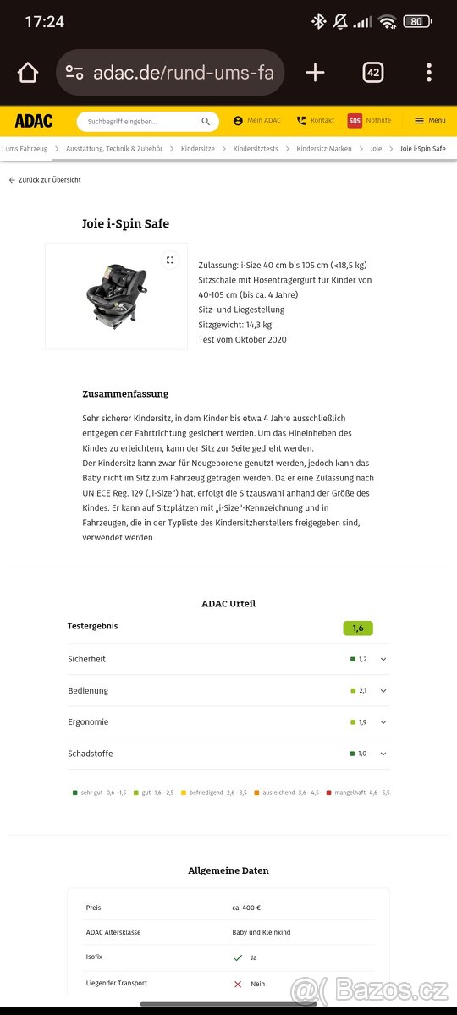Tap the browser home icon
tap(28, 73)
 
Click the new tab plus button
tap(315, 73)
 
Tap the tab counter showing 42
tap(372, 73)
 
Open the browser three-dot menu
tap(429, 73)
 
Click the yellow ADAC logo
tap(34, 121)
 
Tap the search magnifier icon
tap(206, 122)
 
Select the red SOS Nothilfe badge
tap(355, 121)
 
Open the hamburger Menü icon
tap(419, 121)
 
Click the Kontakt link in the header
tap(316, 121)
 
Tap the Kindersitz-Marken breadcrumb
tap(323, 149)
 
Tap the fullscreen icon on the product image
tap(170, 260)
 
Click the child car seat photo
tap(116, 296)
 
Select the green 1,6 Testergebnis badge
tap(358, 628)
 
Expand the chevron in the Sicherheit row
tap(383, 659)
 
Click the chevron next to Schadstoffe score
tap(383, 754)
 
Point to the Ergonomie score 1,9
tap(362, 722)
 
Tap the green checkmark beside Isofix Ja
tap(238, 958)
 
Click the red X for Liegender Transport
tap(238, 984)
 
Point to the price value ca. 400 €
tap(246, 908)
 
